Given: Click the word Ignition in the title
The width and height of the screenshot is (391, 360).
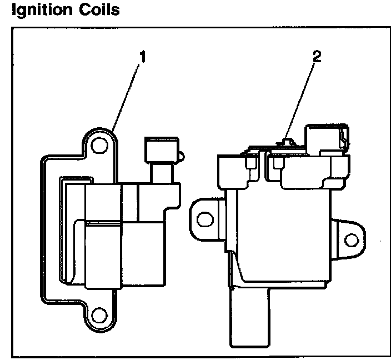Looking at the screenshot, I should pos(38,10).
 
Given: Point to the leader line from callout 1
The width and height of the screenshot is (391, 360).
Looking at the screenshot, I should pos(128,95).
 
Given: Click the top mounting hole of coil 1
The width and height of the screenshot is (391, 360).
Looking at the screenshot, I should pos(99,146).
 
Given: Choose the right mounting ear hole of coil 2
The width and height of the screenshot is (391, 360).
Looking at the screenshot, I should pos(350,240).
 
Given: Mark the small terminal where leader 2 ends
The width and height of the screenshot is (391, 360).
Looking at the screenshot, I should pos(286,141).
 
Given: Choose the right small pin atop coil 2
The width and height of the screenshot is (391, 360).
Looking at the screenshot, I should pos(278,163).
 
